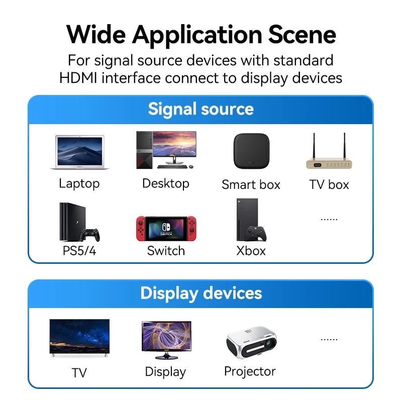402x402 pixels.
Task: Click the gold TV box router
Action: pyautogui.click(x=329, y=164)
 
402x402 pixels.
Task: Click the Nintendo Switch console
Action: pyautogui.click(x=166, y=229)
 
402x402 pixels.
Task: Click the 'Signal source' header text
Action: pyautogui.click(x=200, y=109)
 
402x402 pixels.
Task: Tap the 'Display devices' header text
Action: pyautogui.click(x=201, y=293)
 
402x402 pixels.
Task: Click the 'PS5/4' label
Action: pyautogui.click(x=79, y=251)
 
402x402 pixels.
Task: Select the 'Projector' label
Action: pyautogui.click(x=250, y=371)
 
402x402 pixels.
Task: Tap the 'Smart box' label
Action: pyautogui.click(x=251, y=184)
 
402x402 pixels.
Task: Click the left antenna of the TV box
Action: pyautogui.click(x=314, y=146)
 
